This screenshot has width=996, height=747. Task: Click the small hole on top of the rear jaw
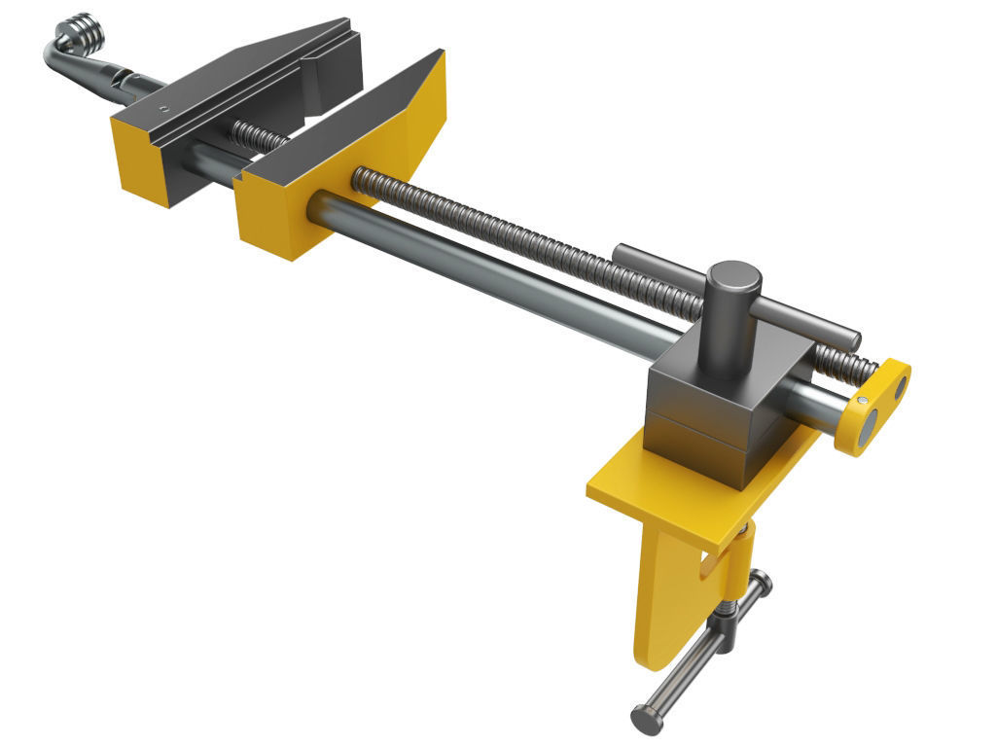tap(165, 107)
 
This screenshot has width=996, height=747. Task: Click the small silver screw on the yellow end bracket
tap(863, 400)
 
